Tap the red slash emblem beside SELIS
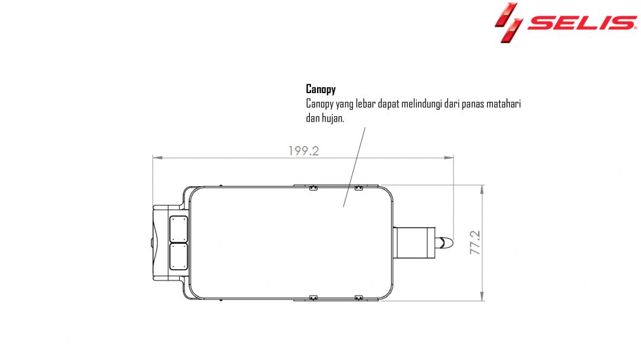(x=509, y=23)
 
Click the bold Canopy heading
(x=321, y=89)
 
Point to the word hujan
(x=333, y=118)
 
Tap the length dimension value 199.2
(x=303, y=151)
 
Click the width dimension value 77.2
(x=475, y=243)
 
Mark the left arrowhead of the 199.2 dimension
(x=157, y=157)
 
